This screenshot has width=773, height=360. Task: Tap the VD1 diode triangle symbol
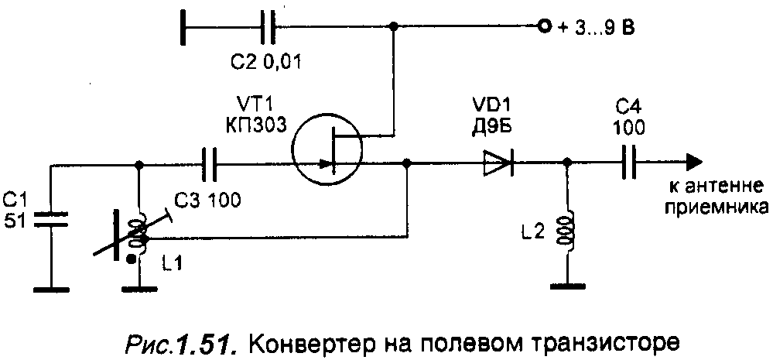(498, 163)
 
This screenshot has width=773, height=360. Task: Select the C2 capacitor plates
(267, 26)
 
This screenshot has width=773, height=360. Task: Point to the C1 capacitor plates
(50, 219)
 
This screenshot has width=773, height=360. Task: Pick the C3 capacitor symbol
(209, 163)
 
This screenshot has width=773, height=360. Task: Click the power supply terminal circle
(544, 26)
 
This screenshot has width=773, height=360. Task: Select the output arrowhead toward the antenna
(693, 163)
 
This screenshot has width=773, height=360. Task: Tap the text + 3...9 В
(596, 28)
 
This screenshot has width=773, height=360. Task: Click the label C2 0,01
(265, 63)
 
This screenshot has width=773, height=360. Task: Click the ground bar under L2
(567, 286)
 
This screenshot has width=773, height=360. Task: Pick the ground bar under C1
(51, 288)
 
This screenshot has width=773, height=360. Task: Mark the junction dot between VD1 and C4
(567, 163)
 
